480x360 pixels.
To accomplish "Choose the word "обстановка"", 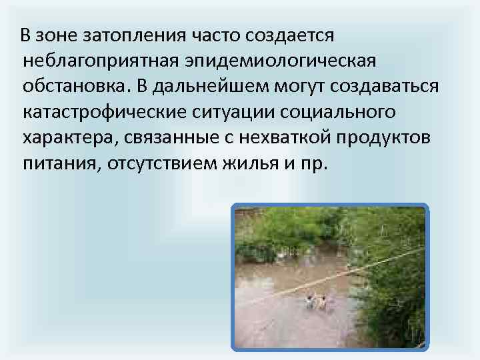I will (x=73, y=86).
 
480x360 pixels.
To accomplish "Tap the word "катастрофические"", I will (x=105, y=111).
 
